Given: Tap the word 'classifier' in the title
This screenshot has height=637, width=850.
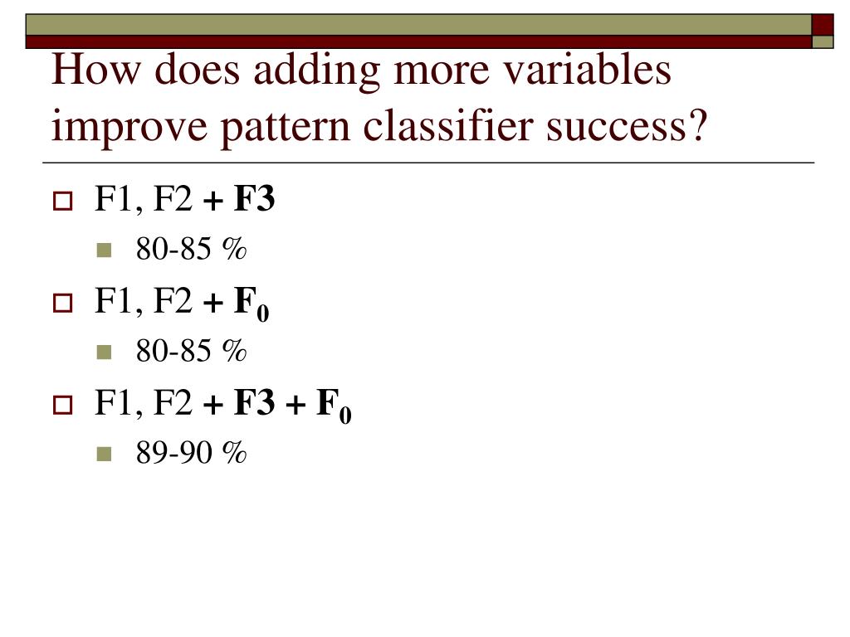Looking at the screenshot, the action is tap(447, 126).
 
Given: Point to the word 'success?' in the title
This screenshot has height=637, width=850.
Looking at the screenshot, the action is tap(627, 127).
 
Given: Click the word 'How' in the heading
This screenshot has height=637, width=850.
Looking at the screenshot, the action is tap(96, 70).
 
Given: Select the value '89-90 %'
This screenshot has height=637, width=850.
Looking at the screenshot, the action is tap(191, 453).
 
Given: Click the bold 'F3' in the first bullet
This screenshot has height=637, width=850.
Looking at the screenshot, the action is tap(254, 198).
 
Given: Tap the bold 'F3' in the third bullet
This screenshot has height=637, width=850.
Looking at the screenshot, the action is tap(254, 402).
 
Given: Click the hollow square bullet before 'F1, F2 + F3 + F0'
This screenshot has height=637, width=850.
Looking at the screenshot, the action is tap(63, 405).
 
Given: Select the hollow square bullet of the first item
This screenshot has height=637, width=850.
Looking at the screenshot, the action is tap(63, 201).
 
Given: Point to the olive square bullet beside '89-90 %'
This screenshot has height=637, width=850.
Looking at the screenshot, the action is tap(104, 454).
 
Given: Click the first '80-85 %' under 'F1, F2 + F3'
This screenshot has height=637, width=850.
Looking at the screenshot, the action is tap(191, 249).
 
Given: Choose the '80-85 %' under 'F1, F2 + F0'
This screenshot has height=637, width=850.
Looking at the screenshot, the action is tap(191, 351).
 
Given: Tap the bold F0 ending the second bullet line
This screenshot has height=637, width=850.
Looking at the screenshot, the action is tap(252, 304).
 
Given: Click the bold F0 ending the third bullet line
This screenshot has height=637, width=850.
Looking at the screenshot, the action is tap(334, 406).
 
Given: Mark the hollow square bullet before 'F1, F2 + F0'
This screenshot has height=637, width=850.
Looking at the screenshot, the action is tap(63, 304).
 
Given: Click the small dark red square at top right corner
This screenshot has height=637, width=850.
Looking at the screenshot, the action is tap(823, 25).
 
